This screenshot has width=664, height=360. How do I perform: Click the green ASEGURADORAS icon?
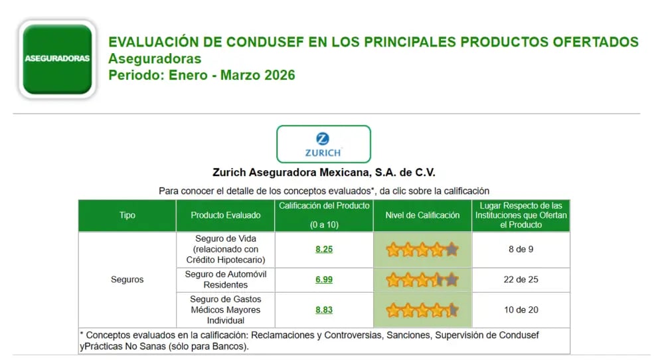(57, 59)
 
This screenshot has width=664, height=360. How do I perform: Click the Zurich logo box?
(323, 144)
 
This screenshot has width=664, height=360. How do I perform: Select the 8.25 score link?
(324, 249)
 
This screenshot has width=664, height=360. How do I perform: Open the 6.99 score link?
(324, 280)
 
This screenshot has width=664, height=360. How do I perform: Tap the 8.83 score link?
(324, 310)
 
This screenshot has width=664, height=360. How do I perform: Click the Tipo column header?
(127, 215)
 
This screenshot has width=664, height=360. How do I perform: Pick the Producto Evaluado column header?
(226, 215)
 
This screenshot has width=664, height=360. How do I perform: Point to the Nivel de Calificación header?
(422, 215)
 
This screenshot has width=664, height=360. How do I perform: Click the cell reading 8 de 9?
(521, 249)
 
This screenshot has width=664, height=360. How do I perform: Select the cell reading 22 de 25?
(521, 280)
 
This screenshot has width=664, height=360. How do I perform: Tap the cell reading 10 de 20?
(521, 310)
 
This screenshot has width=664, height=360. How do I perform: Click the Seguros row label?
(127, 280)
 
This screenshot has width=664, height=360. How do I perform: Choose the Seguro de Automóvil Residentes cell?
(226, 280)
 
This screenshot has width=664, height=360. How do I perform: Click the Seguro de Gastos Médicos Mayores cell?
(226, 310)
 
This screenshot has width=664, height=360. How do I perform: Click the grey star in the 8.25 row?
(452, 250)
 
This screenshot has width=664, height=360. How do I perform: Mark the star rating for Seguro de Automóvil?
(422, 280)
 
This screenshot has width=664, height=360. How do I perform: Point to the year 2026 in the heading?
(279, 75)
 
